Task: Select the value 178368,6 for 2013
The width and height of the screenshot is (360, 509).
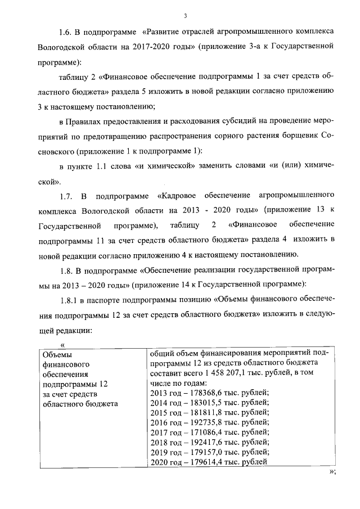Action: coord(205,392)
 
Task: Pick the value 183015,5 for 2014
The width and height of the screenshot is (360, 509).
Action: coord(205,402)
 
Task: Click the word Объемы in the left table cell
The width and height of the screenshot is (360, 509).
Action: coord(58,354)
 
